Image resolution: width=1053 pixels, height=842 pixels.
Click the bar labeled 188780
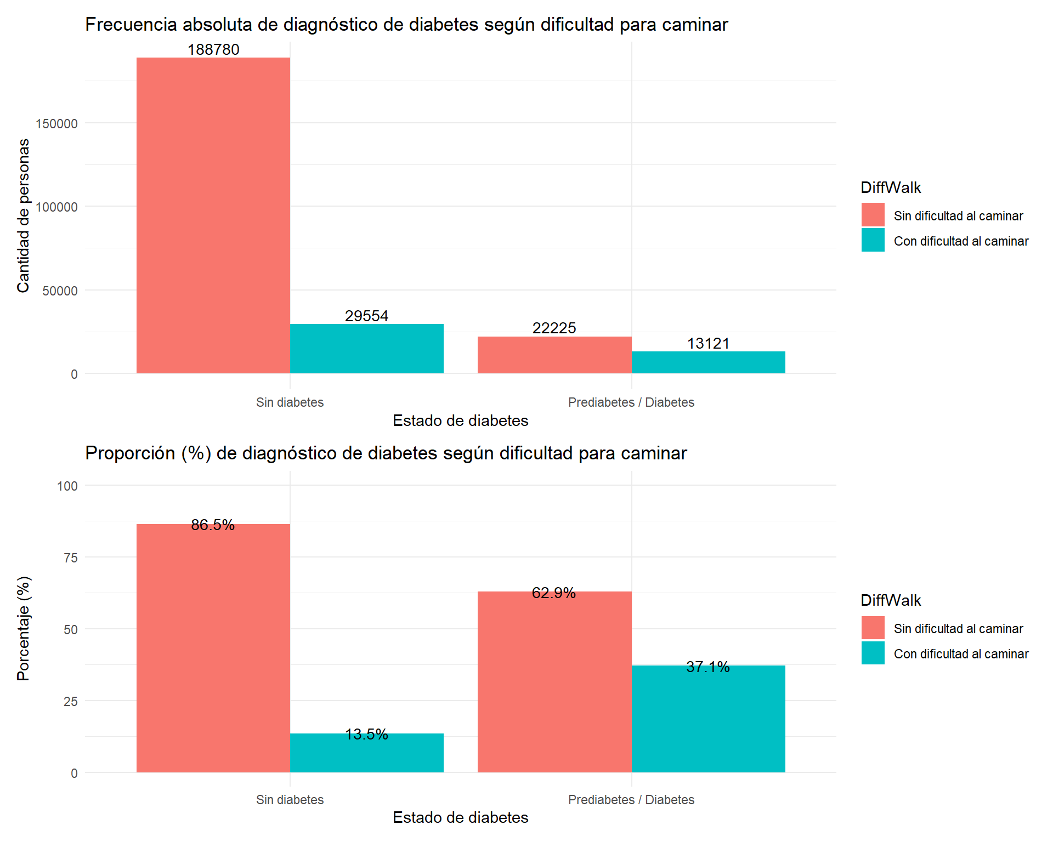[213, 215]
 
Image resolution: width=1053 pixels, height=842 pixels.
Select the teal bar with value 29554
[366, 349]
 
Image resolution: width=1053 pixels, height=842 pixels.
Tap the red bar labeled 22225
[554, 355]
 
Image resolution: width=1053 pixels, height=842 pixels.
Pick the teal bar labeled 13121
[708, 362]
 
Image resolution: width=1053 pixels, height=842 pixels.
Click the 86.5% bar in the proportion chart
[213, 648]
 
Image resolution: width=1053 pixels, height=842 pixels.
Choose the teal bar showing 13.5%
[366, 753]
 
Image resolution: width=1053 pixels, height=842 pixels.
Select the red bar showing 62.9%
[554, 682]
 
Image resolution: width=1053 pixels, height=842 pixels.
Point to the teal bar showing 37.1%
[708, 719]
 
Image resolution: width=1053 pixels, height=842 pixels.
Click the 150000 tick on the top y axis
[57, 124]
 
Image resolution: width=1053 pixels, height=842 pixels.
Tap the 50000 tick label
[60, 291]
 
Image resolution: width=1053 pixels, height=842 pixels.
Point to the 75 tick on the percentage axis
[71, 558]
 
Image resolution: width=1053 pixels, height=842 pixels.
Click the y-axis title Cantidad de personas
[24, 215]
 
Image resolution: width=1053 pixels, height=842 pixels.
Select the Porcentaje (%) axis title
[24, 628]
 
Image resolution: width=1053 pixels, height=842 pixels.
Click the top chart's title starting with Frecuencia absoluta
[406, 25]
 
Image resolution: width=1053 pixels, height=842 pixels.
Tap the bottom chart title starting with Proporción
[386, 453]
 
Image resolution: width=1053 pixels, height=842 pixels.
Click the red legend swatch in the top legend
[873, 215]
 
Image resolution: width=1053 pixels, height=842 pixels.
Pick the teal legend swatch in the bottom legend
[873, 653]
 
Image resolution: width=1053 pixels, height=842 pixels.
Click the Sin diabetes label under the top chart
[290, 402]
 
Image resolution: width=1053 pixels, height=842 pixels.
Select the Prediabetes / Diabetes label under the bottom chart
[631, 800]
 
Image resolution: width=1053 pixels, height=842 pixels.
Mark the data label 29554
[366, 316]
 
